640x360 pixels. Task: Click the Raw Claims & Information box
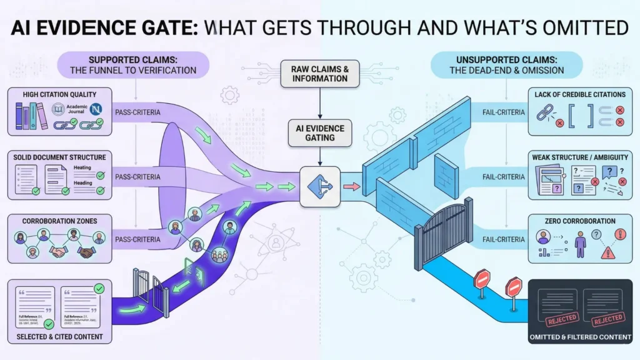(x=319, y=74)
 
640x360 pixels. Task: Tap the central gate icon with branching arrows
(x=319, y=186)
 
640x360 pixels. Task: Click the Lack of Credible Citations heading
(x=580, y=94)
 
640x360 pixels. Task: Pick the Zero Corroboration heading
(x=580, y=221)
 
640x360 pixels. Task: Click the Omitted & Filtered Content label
(x=580, y=338)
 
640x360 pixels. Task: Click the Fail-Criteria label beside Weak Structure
(x=504, y=177)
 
